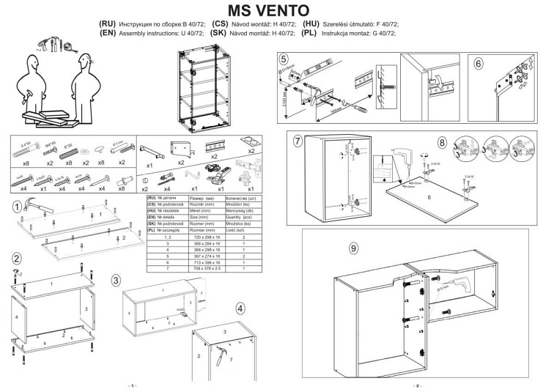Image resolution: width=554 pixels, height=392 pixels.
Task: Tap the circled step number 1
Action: [18, 208]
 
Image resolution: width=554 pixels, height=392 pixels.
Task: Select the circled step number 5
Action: [285, 59]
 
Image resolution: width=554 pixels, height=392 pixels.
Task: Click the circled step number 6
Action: [479, 63]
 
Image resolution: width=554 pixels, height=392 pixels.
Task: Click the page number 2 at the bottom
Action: [417, 385]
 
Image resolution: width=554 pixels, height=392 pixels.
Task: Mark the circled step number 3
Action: [116, 281]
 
